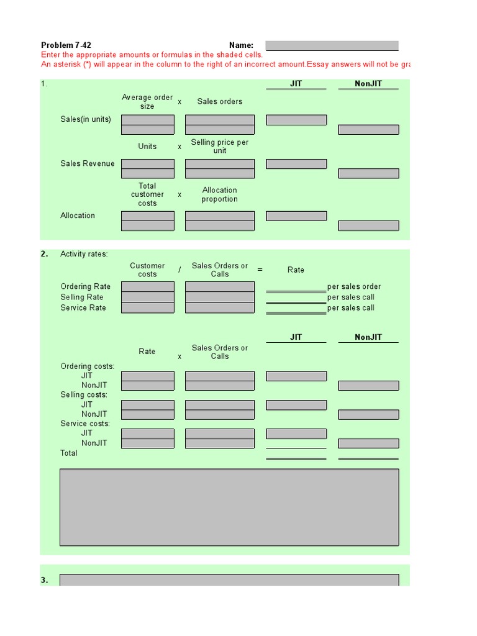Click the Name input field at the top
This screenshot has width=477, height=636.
[x=332, y=45]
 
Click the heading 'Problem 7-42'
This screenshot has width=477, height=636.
[x=66, y=45]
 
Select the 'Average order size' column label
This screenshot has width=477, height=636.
[x=147, y=102]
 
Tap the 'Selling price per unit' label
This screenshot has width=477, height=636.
[x=219, y=147]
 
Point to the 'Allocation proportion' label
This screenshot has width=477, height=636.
[x=219, y=195]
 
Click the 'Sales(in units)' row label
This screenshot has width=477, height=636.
[x=86, y=119]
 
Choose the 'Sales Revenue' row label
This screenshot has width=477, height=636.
[x=88, y=164]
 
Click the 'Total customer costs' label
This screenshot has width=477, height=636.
[x=147, y=194]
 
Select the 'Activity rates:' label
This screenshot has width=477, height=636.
[x=84, y=254]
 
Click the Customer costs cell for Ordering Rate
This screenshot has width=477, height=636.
[x=148, y=287]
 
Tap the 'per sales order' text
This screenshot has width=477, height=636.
[x=354, y=287]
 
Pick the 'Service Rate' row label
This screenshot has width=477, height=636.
[x=83, y=308]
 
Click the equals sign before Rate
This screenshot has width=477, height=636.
[x=260, y=270]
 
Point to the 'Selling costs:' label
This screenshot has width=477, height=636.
[x=84, y=395]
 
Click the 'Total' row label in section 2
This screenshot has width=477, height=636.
[x=69, y=453]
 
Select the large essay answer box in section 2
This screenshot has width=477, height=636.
[x=229, y=507]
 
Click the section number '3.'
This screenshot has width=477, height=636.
[x=45, y=580]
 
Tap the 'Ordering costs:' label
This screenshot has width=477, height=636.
[x=88, y=366]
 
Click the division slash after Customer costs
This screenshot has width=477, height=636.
[x=179, y=270]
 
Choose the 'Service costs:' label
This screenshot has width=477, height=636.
[x=85, y=424]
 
